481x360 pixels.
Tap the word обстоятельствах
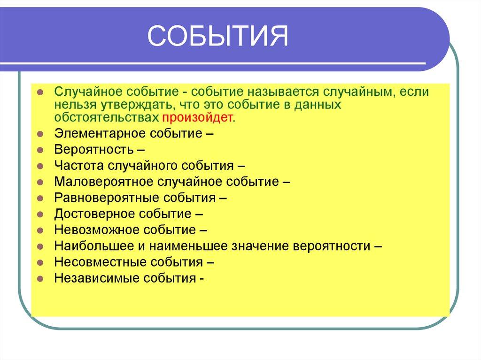click(x=106, y=117)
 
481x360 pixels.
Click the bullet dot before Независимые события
click(x=40, y=278)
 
